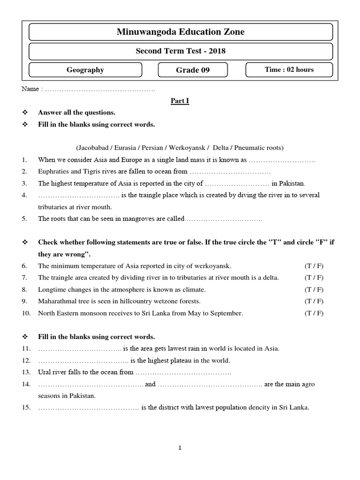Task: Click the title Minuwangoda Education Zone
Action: (x=180, y=32)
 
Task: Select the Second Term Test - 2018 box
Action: (x=180, y=51)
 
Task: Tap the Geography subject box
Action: (x=85, y=70)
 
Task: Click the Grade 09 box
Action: (x=193, y=70)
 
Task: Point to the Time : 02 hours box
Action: (x=289, y=70)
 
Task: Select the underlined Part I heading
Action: (x=180, y=100)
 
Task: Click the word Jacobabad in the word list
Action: (x=91, y=148)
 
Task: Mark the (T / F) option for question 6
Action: (x=314, y=266)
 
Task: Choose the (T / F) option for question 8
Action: (x=314, y=289)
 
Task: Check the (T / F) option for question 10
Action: (x=314, y=313)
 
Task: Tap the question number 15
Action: (x=26, y=407)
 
